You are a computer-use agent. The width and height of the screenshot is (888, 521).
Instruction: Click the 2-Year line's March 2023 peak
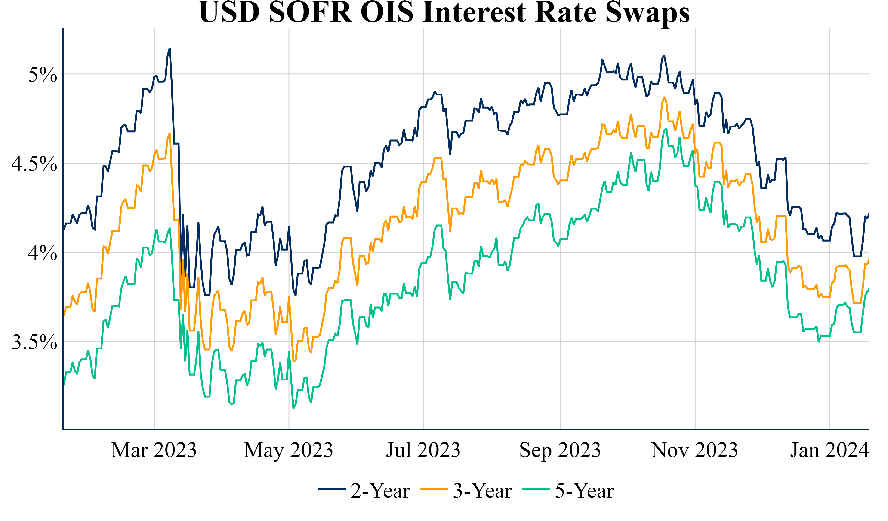tap(170, 48)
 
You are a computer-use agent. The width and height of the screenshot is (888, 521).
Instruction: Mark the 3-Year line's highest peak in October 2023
tap(664, 97)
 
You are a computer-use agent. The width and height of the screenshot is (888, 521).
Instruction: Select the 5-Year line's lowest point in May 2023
tap(293, 408)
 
